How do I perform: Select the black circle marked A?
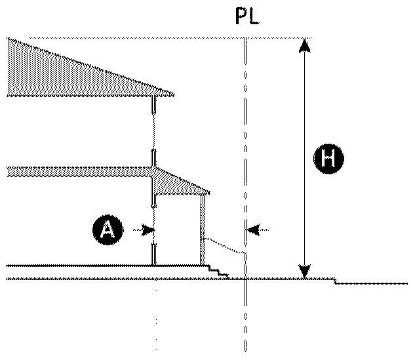point(108,230)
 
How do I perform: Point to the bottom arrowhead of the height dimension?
point(304,273)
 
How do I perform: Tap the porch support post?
point(203,230)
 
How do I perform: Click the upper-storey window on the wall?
point(153,105)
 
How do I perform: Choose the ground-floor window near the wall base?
point(153,254)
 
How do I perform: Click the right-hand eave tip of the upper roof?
point(173,94)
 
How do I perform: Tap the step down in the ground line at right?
point(335,281)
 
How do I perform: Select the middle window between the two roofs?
point(153,158)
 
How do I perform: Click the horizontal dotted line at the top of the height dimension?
point(275,37)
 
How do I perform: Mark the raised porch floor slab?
point(98,266)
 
